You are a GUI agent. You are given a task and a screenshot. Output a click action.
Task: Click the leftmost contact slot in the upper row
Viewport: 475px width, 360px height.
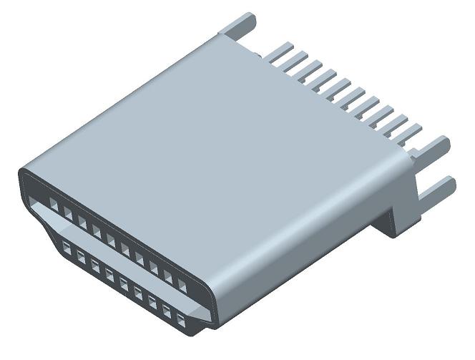pyautogui.click(x=54, y=205)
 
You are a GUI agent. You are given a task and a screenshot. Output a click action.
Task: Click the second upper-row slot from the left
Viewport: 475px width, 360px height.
pyautogui.click(x=68, y=213)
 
